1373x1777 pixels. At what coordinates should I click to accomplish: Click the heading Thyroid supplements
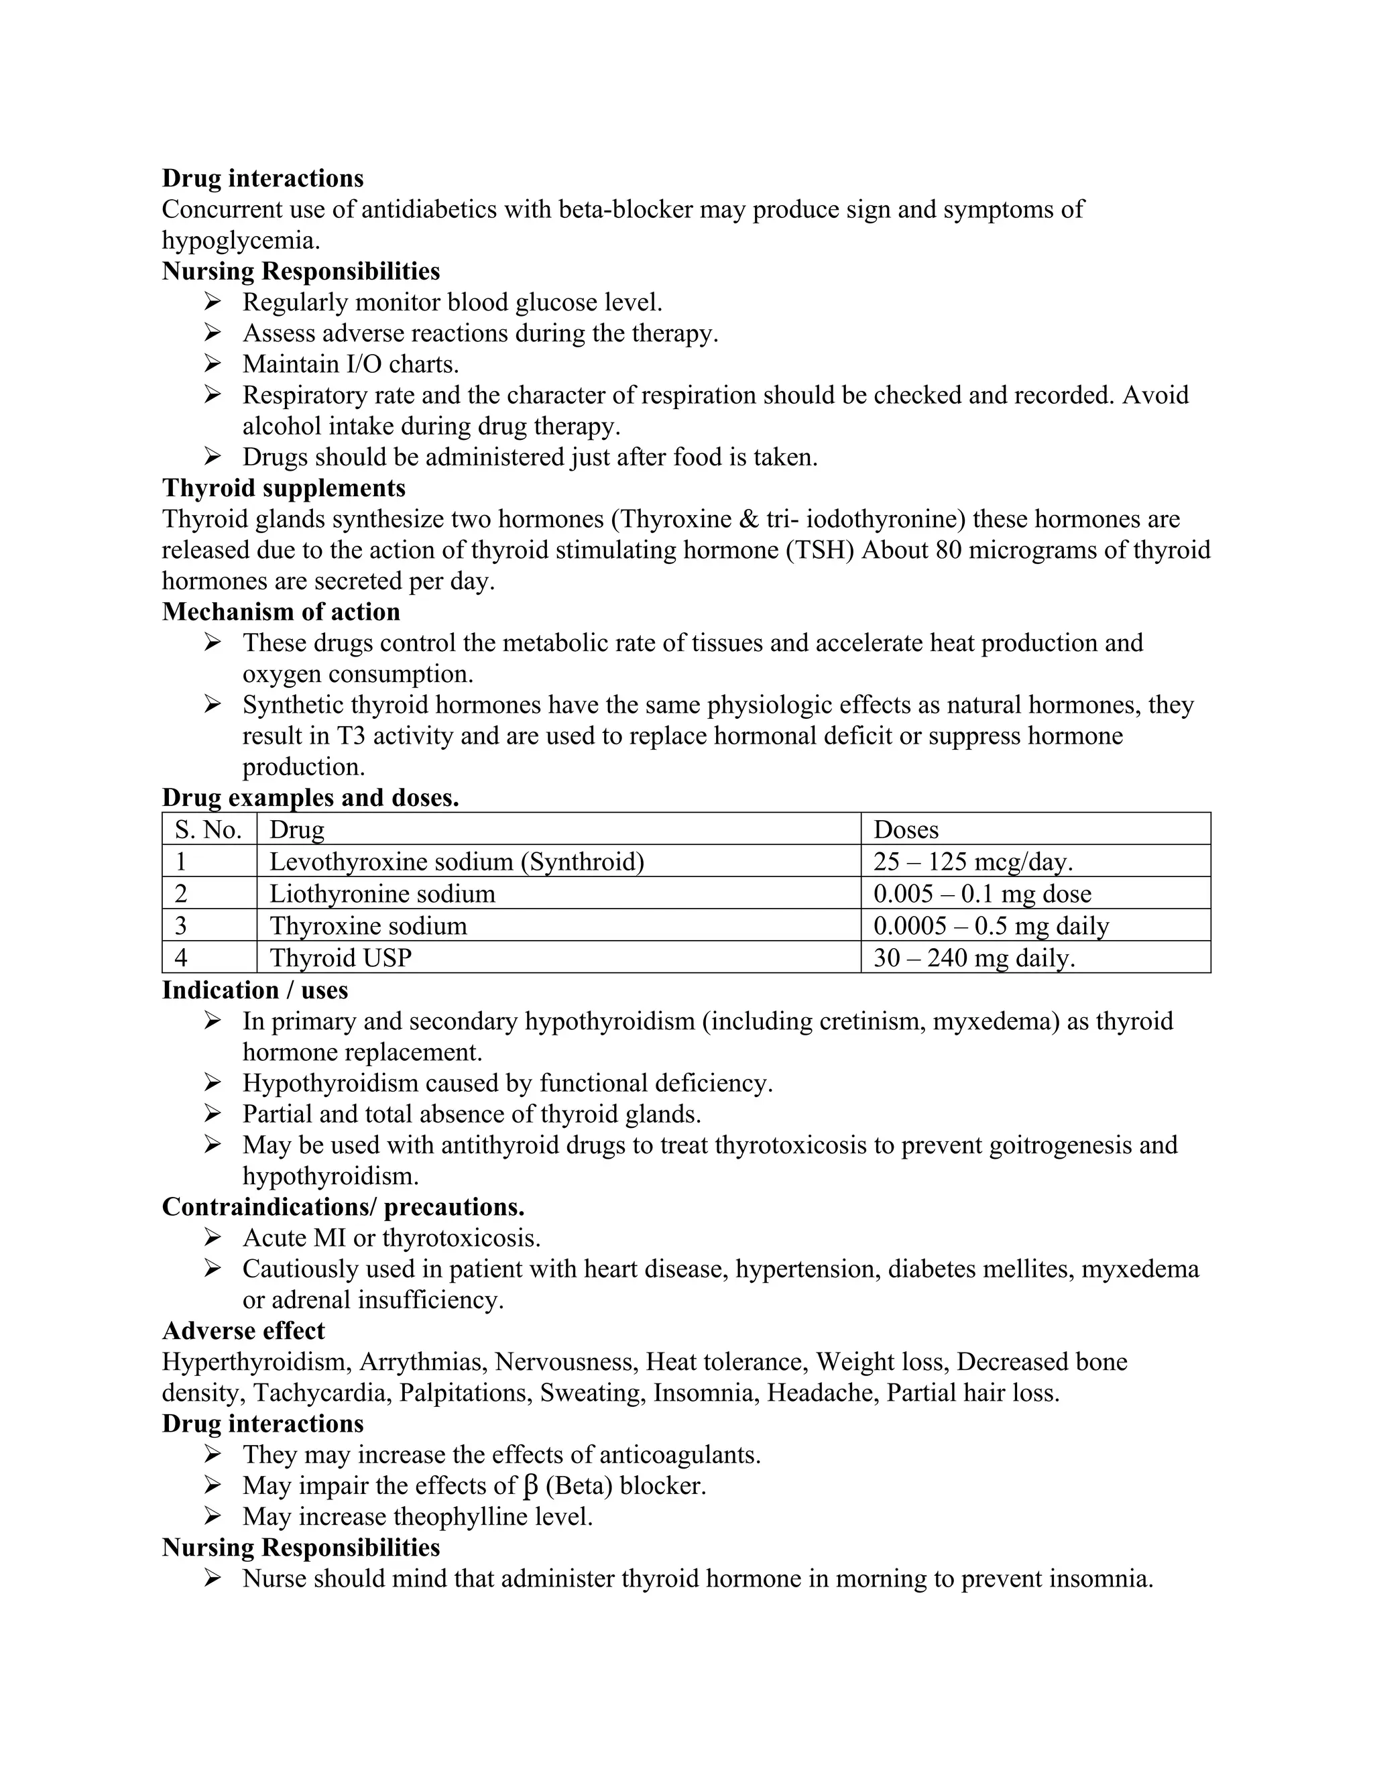tap(283, 488)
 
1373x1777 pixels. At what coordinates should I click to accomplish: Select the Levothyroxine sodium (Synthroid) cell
tap(457, 862)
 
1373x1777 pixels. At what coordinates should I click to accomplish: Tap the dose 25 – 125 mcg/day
tap(973, 862)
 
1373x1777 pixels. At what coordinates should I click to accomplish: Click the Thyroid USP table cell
tap(340, 958)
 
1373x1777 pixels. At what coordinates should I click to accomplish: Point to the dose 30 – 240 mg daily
tap(973, 958)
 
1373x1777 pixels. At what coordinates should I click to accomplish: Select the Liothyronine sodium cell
tap(381, 893)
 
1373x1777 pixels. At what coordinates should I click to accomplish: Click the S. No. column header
tap(208, 830)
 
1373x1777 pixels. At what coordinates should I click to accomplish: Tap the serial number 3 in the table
tap(180, 926)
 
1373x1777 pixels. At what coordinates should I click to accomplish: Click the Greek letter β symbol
tap(531, 1486)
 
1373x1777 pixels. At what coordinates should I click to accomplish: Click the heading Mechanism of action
tap(281, 612)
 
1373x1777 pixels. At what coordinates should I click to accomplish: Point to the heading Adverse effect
tap(243, 1331)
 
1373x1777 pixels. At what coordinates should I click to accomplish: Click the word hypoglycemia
tap(240, 241)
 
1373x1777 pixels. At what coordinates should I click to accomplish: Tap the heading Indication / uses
tap(255, 990)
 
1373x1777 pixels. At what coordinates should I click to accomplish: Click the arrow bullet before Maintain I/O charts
tap(213, 363)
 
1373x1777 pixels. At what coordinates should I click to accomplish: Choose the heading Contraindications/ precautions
tap(343, 1206)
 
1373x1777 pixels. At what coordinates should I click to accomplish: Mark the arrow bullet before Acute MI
tap(213, 1238)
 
